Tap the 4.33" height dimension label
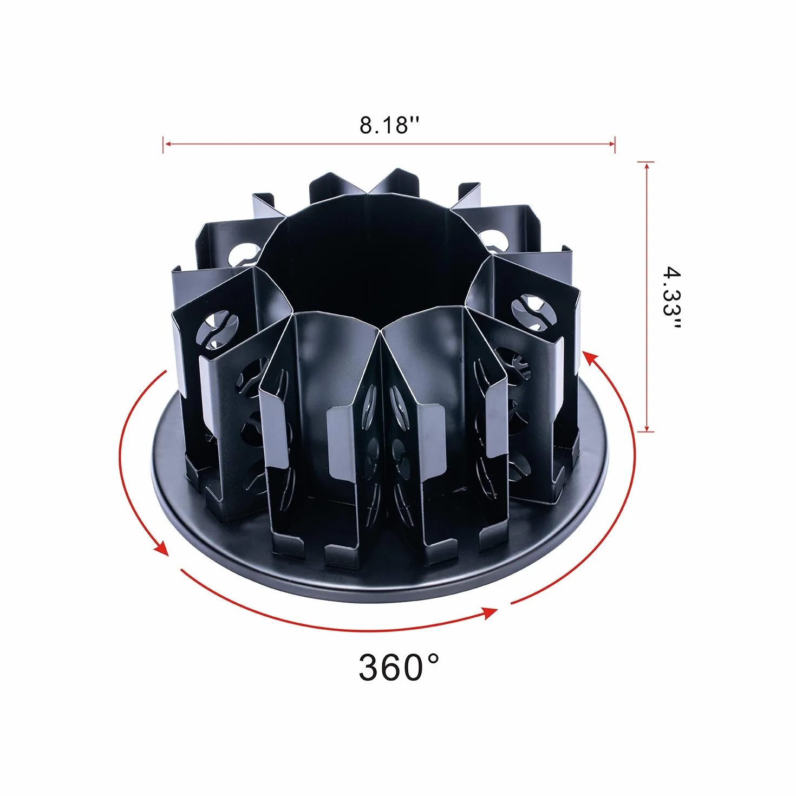671,298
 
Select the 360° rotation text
399,667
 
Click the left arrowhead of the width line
166,144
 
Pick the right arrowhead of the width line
611,143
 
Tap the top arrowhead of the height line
647,166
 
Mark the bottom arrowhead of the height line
647,428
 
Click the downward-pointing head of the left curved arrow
161,548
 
